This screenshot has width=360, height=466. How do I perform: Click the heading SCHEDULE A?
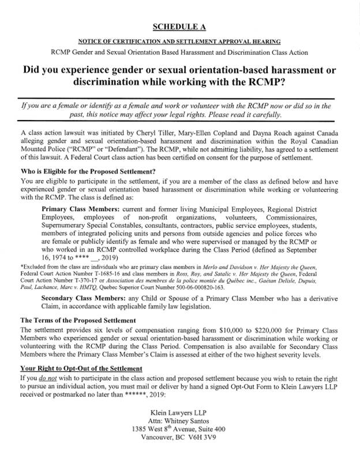(179, 27)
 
